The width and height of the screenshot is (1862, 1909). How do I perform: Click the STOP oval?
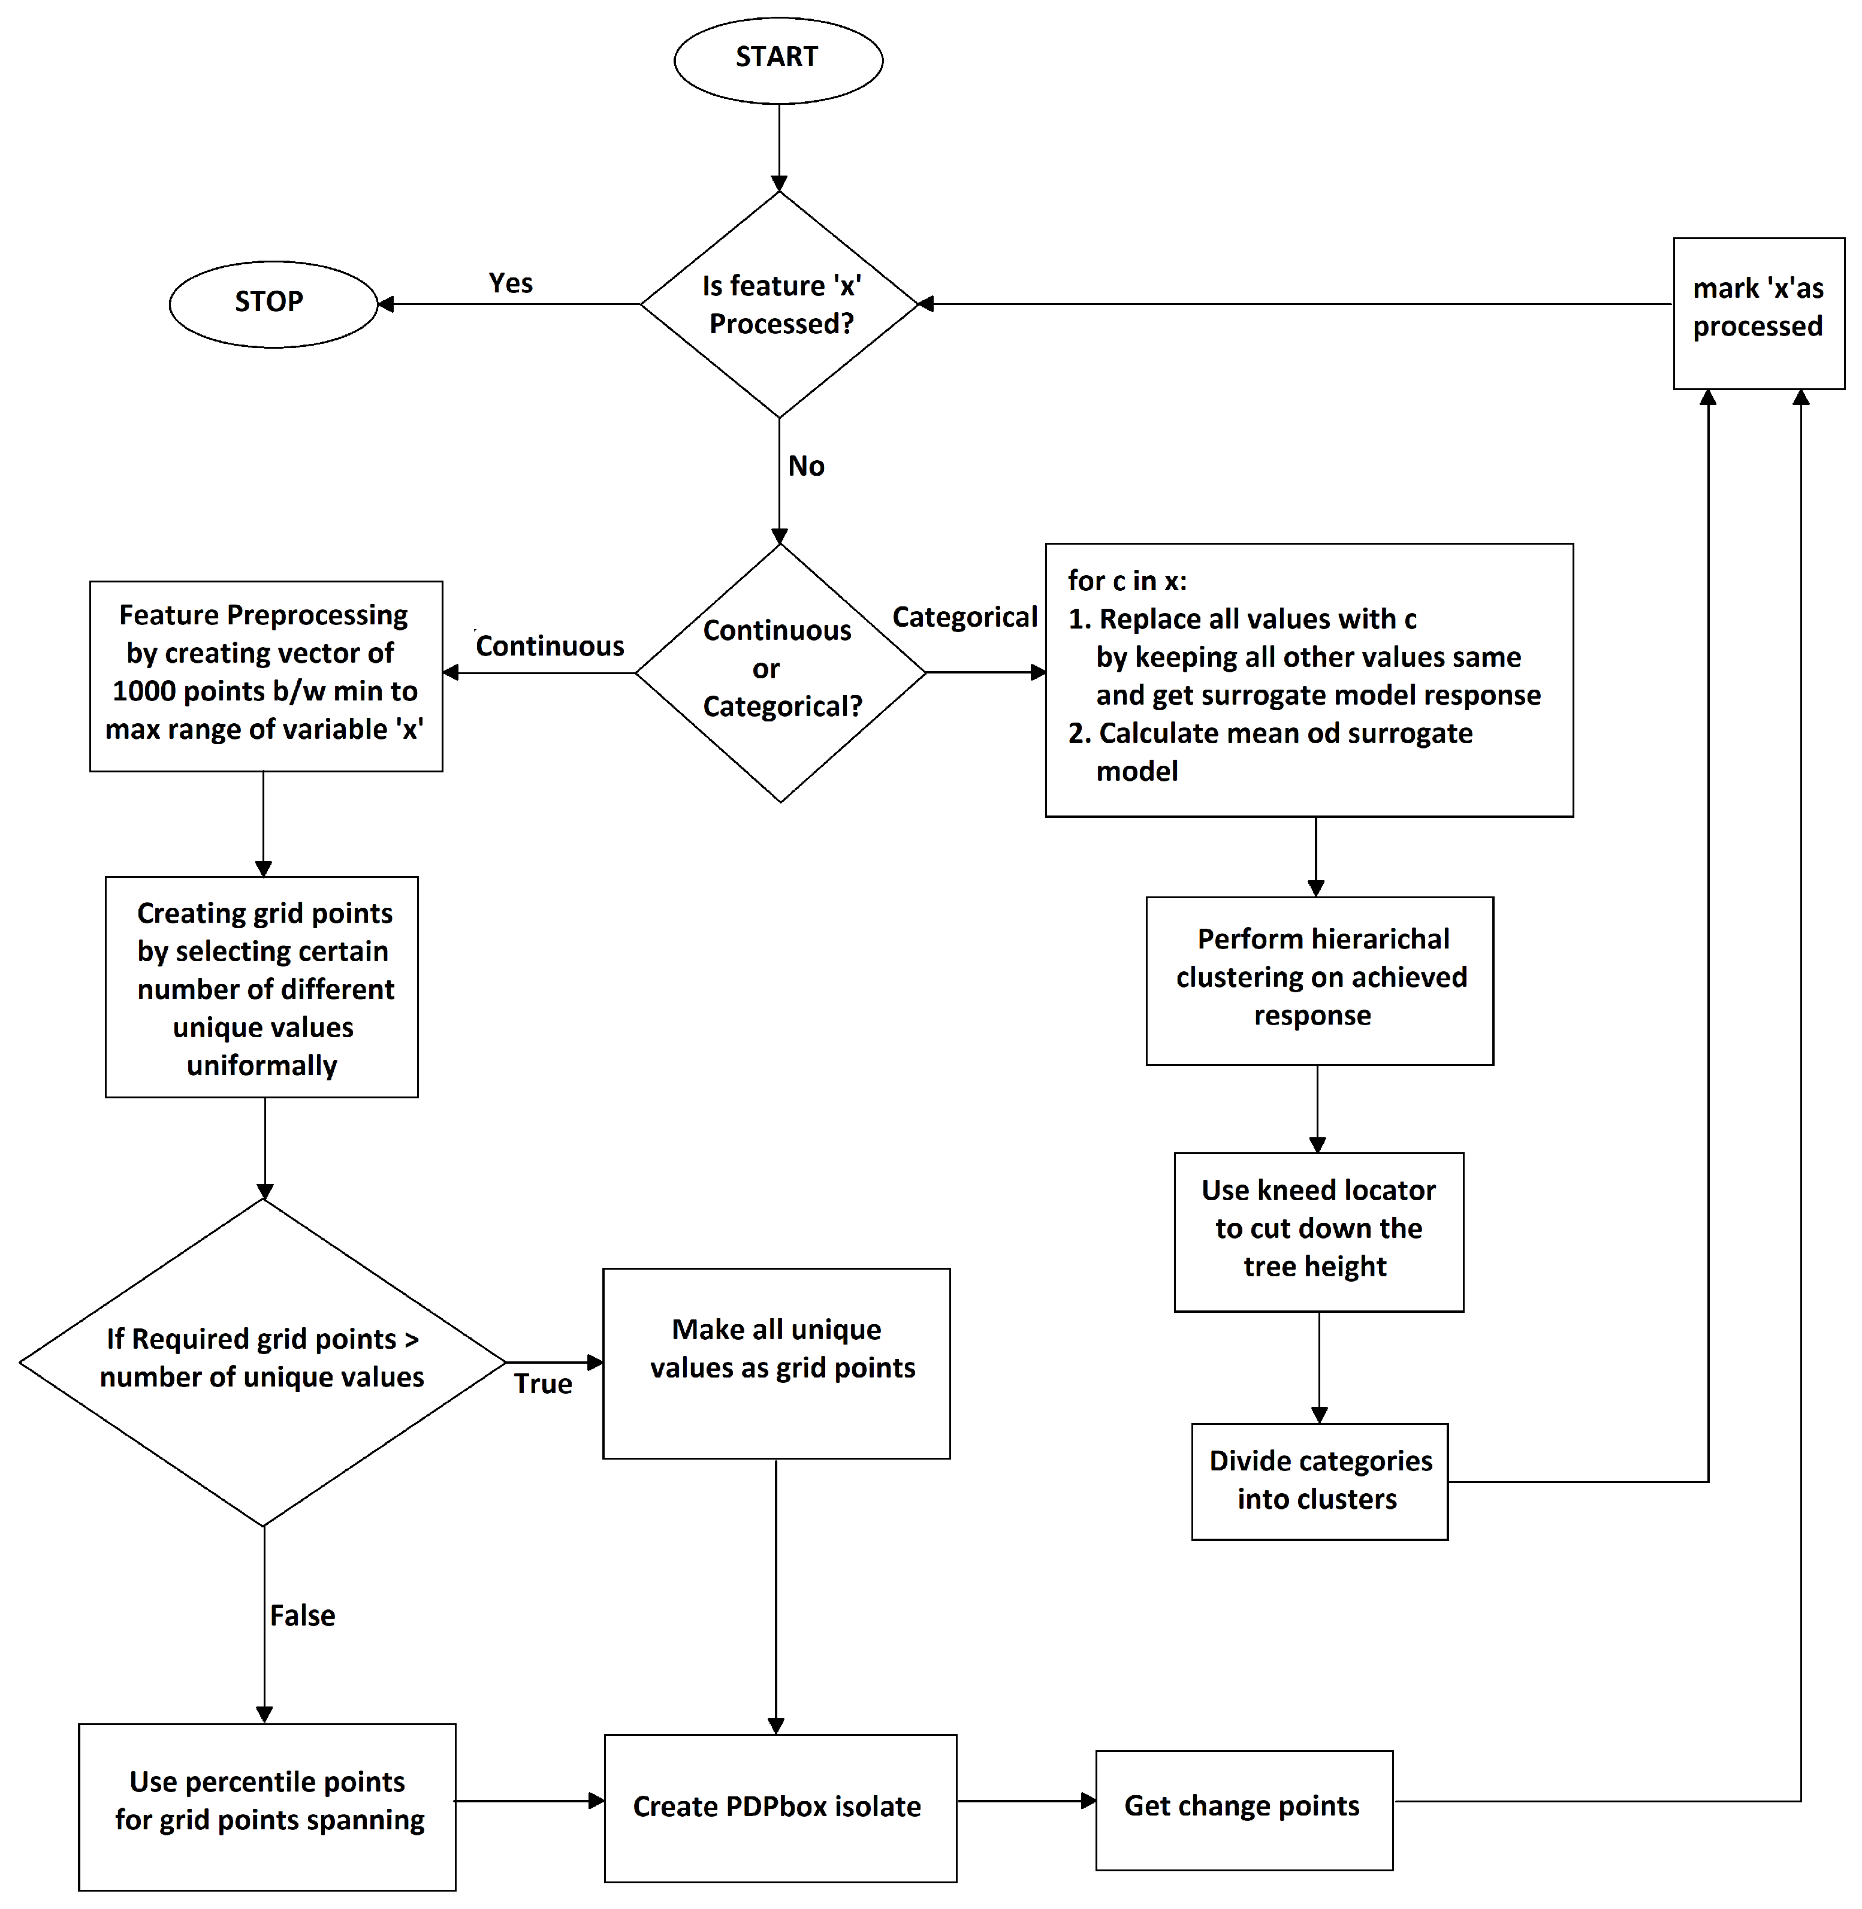(x=273, y=303)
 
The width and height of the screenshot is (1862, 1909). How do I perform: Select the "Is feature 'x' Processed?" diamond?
(x=780, y=304)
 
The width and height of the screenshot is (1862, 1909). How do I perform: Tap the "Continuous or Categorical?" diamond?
(x=780, y=672)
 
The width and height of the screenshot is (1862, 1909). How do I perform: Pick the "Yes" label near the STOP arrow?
(x=511, y=283)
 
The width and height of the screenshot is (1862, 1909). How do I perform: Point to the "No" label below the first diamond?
(x=806, y=467)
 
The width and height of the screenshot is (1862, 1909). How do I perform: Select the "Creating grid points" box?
(x=262, y=987)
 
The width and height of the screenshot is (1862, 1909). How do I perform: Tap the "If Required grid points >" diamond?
(x=262, y=1360)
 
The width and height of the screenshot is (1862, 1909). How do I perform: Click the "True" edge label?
(x=543, y=1384)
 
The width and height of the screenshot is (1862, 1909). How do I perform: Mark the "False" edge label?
(x=302, y=1615)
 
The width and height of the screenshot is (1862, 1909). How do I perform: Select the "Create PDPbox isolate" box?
(x=780, y=1807)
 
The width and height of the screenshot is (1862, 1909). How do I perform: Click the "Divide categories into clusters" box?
(x=1319, y=1481)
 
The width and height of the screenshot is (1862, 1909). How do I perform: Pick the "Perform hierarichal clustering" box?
(x=1319, y=980)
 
